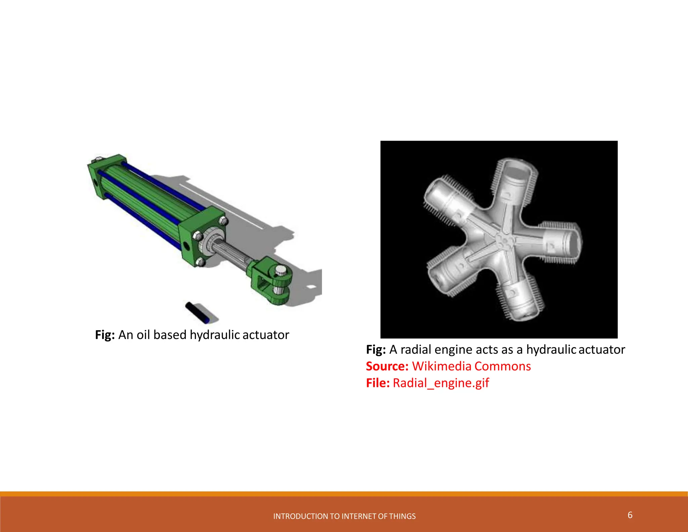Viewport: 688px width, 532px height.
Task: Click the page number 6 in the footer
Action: (x=630, y=515)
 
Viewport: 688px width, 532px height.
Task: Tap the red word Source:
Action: (x=387, y=366)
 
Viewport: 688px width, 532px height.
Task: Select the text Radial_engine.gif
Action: (x=441, y=383)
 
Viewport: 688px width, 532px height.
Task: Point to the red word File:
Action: (x=378, y=383)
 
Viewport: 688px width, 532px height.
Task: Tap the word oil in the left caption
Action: (x=143, y=335)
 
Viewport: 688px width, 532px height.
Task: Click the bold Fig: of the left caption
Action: (x=105, y=335)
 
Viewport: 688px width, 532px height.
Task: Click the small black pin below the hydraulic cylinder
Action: (x=198, y=312)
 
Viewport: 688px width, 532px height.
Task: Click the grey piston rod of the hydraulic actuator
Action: (x=232, y=254)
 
